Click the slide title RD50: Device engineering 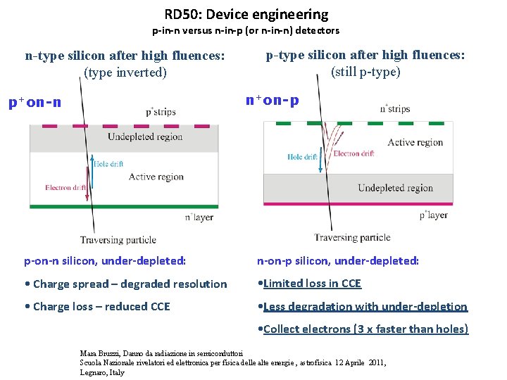click(246, 14)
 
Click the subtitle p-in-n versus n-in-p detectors click(246, 30)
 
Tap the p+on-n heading click(35, 103)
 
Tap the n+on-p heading click(272, 100)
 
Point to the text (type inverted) click(125, 72)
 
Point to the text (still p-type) click(365, 71)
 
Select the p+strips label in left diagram click(161, 112)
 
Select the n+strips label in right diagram click(394, 108)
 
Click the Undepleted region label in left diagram click(145, 136)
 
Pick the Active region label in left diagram click(156, 177)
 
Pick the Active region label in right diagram click(415, 142)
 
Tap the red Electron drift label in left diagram click(66, 188)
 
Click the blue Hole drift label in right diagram click(302, 157)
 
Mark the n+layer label click(199, 217)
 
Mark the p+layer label click(432, 215)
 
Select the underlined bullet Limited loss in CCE click(310, 284)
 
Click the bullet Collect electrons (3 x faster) click(363, 329)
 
